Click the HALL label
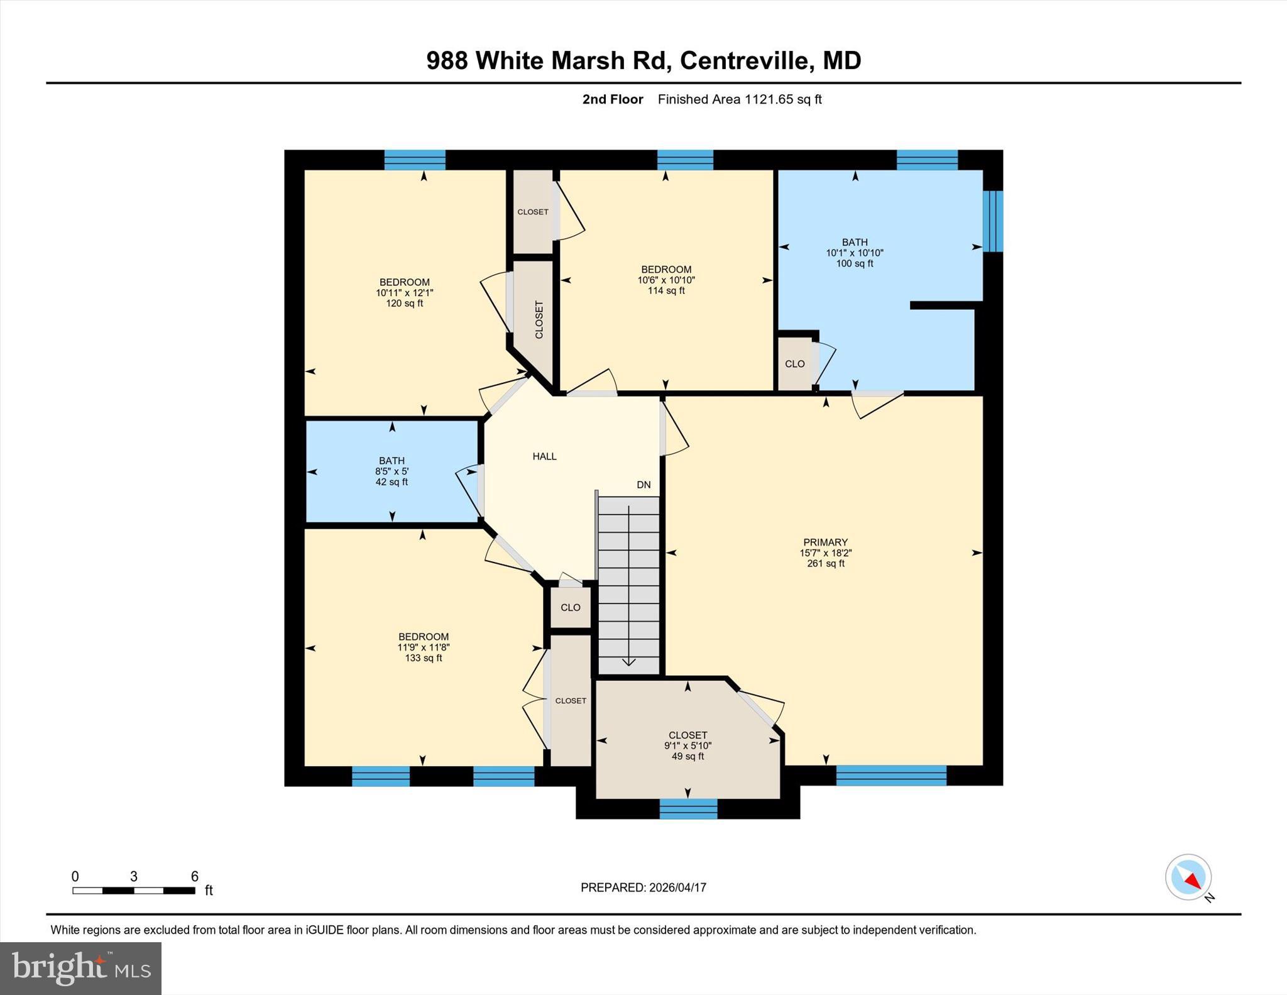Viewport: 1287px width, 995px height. click(x=544, y=456)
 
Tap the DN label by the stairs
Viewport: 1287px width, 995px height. click(x=643, y=485)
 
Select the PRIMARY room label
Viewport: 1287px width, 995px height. click(x=825, y=542)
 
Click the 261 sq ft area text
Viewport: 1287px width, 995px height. click(x=825, y=564)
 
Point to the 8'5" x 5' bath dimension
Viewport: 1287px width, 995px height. click(x=392, y=471)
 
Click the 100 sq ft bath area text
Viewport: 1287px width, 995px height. click(x=854, y=264)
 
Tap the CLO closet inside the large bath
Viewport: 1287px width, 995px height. click(x=794, y=364)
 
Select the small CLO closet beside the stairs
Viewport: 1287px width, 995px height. click(x=570, y=608)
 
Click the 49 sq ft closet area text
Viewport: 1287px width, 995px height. click(x=687, y=757)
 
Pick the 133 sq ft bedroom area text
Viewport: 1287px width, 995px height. click(x=423, y=658)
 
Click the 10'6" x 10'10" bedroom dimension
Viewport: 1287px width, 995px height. click(x=666, y=280)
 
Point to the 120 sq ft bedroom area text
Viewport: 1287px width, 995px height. click(x=404, y=304)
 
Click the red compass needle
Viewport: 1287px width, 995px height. click(x=1192, y=881)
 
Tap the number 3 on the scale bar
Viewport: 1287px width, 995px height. click(x=134, y=876)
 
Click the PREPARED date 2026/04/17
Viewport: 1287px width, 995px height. click(x=677, y=888)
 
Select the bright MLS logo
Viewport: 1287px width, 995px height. click(x=81, y=967)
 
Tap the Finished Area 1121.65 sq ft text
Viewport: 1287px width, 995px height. click(x=739, y=99)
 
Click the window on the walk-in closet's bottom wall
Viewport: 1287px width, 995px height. click(x=688, y=809)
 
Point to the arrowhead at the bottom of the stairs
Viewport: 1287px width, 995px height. click(x=628, y=662)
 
